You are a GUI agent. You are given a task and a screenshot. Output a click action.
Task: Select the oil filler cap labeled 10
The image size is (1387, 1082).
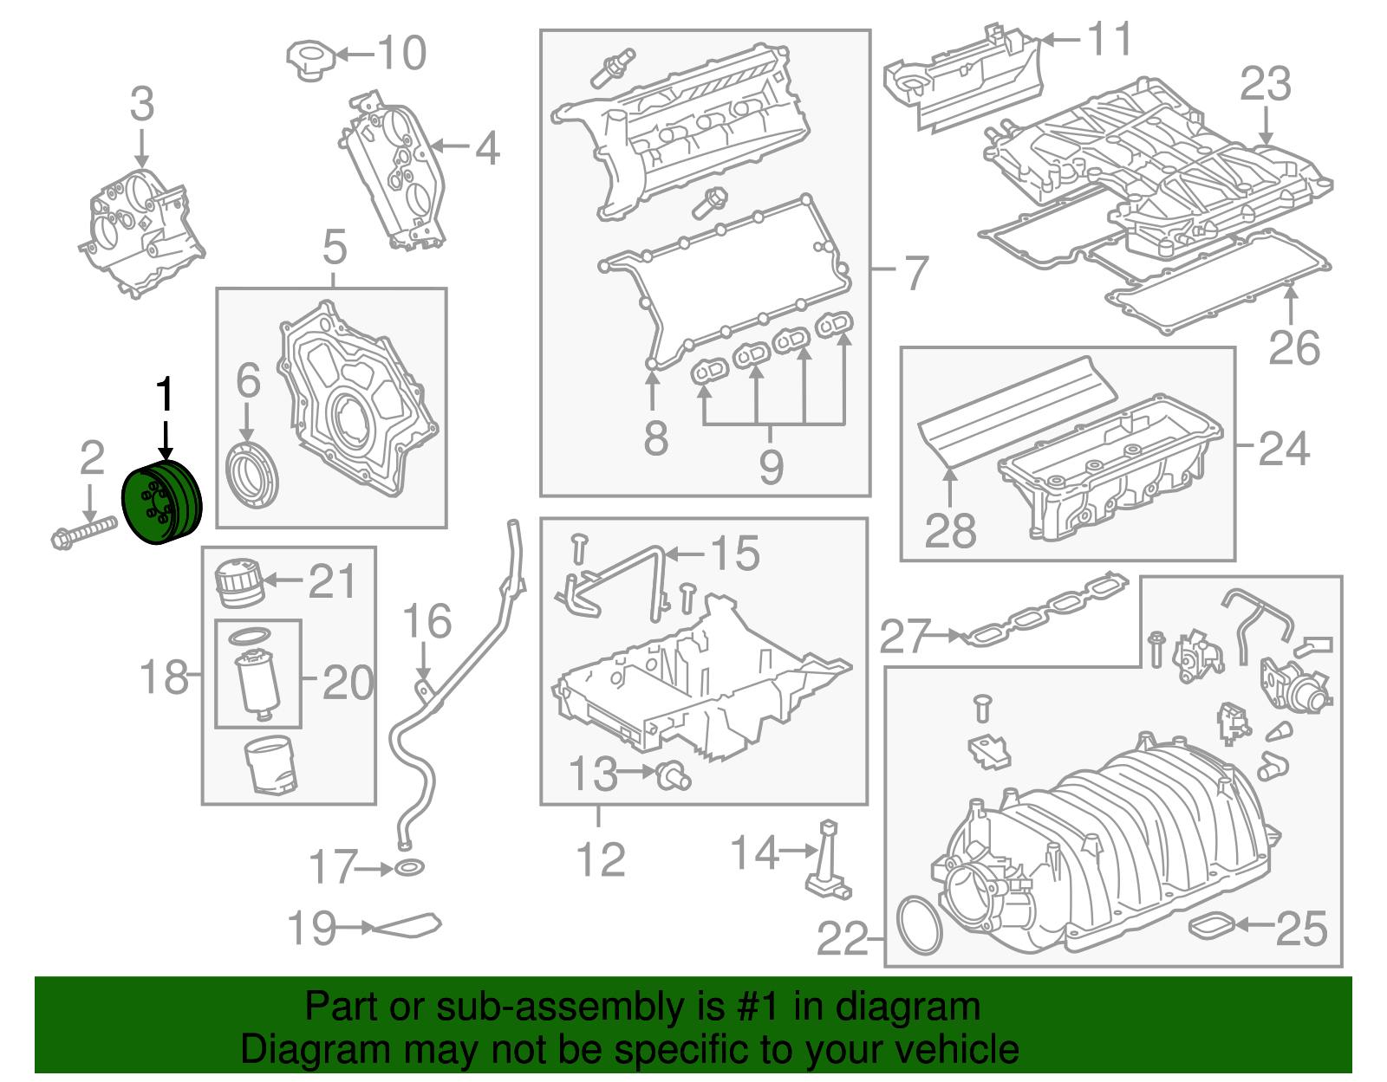pos(309,59)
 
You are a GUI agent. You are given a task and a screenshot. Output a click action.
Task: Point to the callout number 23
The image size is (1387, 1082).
pos(1265,85)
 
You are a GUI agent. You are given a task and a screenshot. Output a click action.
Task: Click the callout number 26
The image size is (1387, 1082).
pos(1293,348)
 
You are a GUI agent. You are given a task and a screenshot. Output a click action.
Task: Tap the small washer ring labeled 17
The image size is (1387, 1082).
pos(409,867)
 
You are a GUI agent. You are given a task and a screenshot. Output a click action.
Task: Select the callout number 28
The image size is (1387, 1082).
pos(950,530)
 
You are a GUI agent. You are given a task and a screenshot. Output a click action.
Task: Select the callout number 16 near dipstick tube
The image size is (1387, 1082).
pos(427,622)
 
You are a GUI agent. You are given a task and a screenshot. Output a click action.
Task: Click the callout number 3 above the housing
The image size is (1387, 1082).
pos(142,104)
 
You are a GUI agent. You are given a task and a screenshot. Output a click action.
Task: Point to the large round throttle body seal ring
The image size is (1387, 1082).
pos(919,926)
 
